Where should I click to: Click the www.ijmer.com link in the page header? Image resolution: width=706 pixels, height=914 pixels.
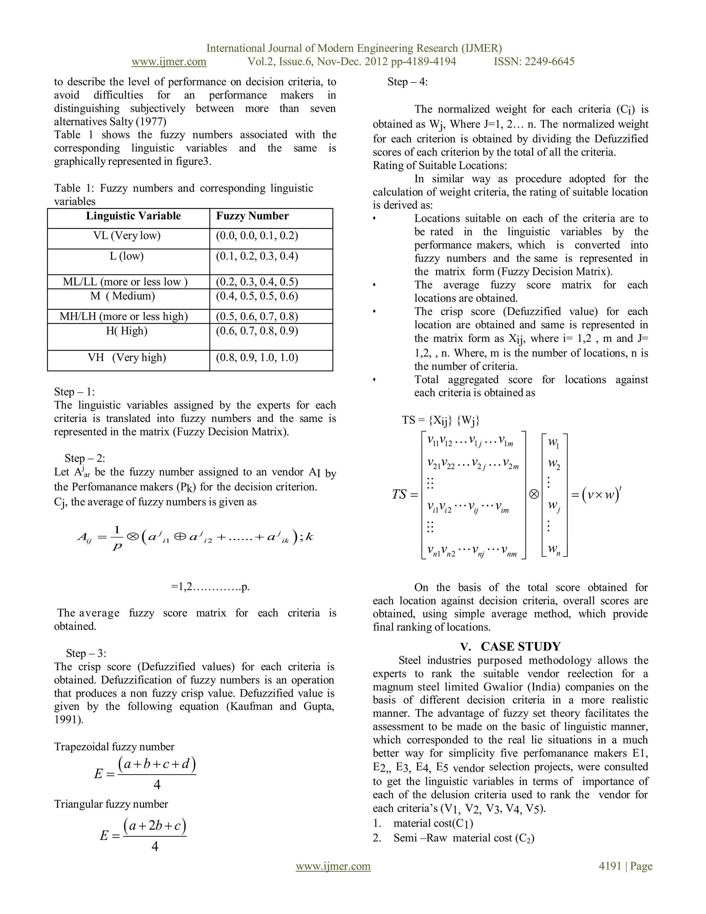(x=169, y=62)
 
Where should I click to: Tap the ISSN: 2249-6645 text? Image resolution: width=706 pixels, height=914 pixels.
(x=534, y=62)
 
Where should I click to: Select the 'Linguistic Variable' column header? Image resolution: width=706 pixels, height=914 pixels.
(x=133, y=216)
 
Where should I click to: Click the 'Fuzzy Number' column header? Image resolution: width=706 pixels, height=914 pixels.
(x=252, y=216)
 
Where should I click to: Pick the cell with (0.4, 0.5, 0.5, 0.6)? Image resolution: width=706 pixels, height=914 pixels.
(x=257, y=296)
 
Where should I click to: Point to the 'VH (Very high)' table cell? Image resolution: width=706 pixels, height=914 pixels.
(x=127, y=357)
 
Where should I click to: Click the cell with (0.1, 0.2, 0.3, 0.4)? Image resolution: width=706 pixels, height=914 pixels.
(x=257, y=256)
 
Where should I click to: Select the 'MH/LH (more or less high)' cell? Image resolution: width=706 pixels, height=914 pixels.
(x=124, y=316)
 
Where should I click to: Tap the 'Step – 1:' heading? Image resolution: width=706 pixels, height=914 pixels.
(x=74, y=392)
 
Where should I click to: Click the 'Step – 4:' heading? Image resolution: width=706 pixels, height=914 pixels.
(x=407, y=82)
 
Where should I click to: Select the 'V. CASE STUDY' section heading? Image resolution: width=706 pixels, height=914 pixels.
(x=510, y=647)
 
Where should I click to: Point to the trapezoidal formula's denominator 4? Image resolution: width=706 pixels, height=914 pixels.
(x=157, y=785)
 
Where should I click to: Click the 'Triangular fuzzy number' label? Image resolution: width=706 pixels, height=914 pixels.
(x=111, y=804)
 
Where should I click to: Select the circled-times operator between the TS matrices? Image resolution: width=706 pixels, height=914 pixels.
(x=534, y=494)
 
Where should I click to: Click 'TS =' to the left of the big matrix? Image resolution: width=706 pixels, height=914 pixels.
(x=405, y=495)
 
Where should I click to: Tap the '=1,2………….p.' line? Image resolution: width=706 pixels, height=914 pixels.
(x=210, y=587)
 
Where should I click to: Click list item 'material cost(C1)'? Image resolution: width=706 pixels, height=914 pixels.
(x=433, y=823)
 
